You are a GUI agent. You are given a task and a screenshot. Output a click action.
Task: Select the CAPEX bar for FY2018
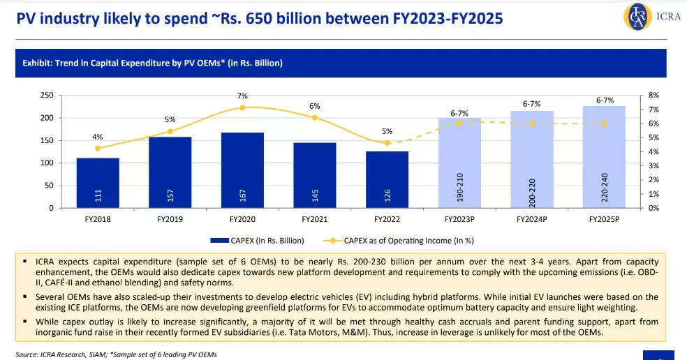[x=98, y=183]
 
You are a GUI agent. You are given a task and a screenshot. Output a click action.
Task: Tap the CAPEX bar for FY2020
[x=242, y=170]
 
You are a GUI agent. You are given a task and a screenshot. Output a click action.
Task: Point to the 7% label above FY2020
[x=242, y=96]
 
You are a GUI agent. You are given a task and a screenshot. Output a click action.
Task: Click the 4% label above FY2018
[x=98, y=137]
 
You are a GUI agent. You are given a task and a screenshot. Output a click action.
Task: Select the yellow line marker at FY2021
[x=315, y=118]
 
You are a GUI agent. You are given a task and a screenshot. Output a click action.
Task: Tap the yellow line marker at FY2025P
[x=604, y=123]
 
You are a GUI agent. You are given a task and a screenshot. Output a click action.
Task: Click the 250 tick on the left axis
[x=47, y=95]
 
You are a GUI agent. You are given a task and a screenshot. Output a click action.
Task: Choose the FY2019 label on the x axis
[x=170, y=218]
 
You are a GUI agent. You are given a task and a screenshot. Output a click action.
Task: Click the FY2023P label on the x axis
[x=459, y=218]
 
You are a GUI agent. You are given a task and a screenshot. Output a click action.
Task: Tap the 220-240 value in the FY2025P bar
[x=604, y=186]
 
